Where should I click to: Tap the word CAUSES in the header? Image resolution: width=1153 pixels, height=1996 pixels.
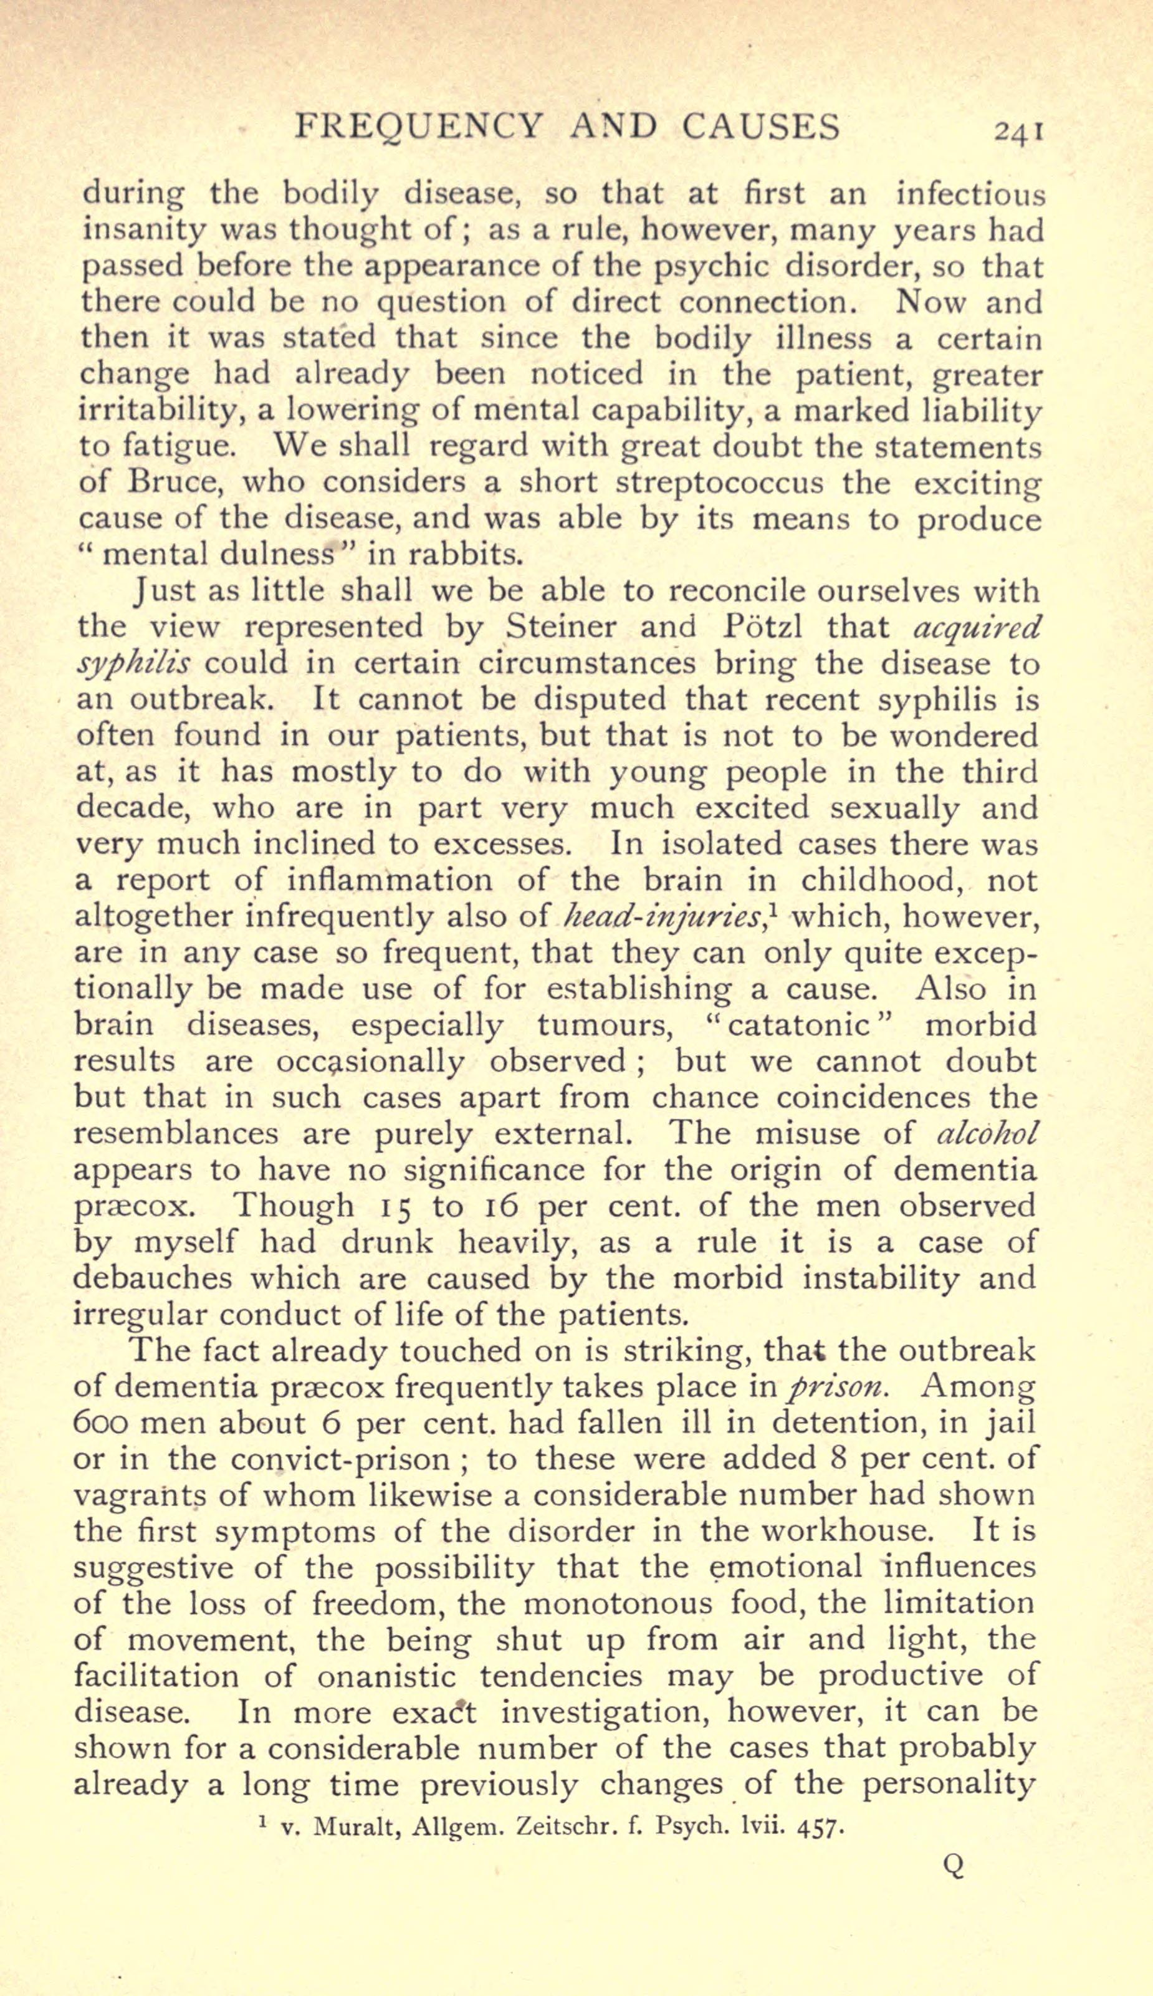coord(760,127)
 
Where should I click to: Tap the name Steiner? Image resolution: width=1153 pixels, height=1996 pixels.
coord(562,626)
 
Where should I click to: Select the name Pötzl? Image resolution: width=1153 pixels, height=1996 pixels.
coord(763,626)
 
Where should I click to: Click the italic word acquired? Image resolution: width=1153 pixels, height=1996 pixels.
coord(975,626)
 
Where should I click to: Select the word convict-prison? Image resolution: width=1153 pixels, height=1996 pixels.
coord(371,1460)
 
